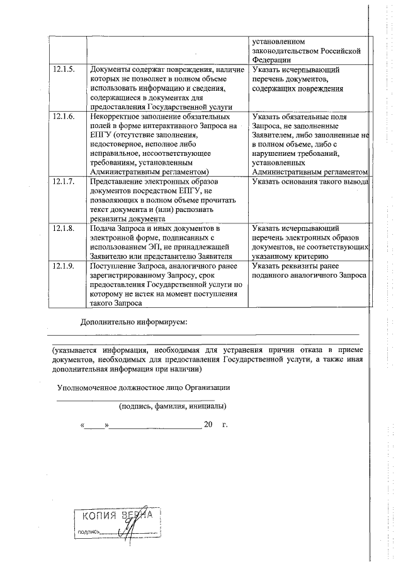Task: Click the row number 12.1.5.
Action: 64,69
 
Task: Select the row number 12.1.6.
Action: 64,117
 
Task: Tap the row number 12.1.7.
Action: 64,182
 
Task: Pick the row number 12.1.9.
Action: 64,267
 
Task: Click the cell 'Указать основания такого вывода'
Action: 309,182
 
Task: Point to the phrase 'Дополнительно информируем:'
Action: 134,322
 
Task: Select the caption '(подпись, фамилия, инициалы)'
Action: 173,406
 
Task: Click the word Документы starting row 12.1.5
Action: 111,69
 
